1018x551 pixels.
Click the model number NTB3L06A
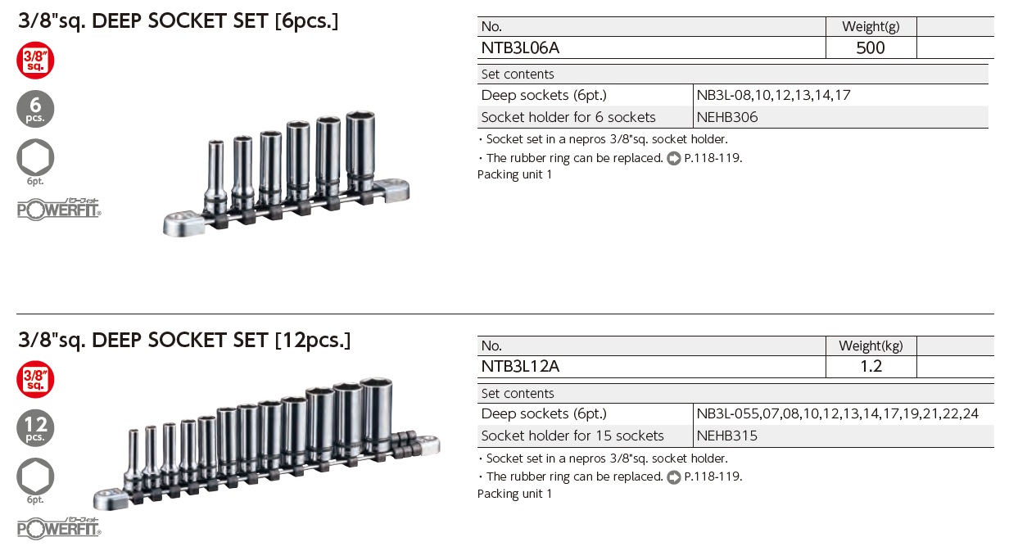[x=520, y=47]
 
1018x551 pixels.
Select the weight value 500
[x=871, y=47]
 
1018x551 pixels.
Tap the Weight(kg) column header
[x=871, y=346]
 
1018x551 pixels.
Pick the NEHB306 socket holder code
[x=727, y=117]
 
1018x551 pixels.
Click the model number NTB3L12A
[x=520, y=366]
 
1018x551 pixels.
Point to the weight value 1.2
[x=871, y=366]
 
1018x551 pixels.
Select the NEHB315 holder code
[x=727, y=436]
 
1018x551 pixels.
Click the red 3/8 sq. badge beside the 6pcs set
[x=35, y=61]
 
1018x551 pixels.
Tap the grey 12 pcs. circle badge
[x=35, y=428]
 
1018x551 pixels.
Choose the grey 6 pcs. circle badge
[x=35, y=109]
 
